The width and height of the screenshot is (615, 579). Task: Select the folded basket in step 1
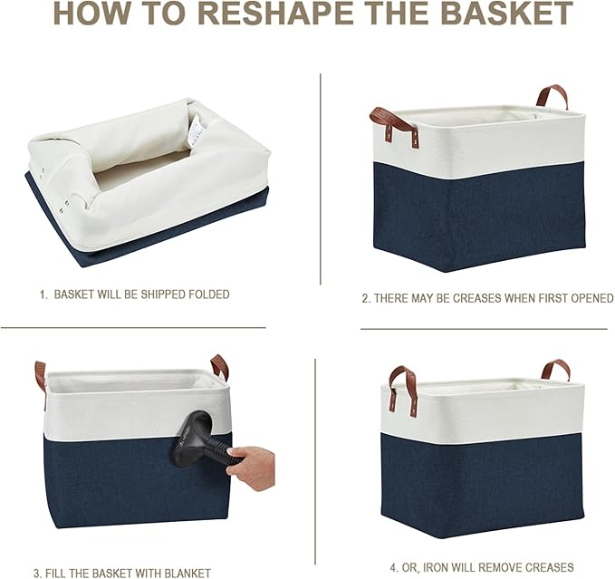point(145,181)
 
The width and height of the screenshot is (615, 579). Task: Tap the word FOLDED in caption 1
point(207,294)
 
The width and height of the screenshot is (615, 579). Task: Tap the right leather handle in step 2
point(553,95)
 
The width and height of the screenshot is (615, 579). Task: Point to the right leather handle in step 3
point(220,366)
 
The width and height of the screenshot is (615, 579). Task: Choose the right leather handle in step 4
point(556,369)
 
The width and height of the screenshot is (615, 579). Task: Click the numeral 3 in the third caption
point(36,573)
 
